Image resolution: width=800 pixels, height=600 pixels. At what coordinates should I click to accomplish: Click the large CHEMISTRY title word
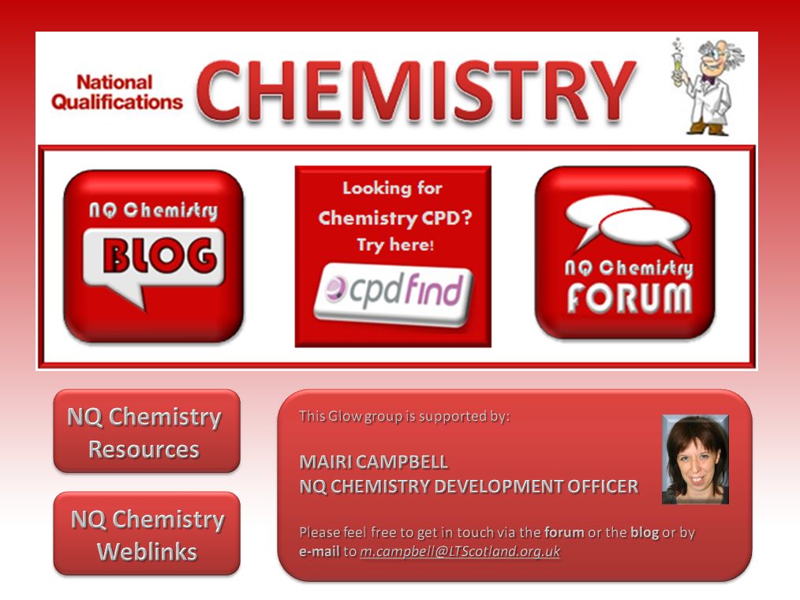416,92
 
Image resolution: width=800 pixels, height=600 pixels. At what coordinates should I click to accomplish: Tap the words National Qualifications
117,92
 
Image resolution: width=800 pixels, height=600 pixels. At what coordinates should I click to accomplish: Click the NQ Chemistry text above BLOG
153,210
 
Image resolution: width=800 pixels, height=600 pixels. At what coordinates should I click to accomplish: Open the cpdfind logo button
394,294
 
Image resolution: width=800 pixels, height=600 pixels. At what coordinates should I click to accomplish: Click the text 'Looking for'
392,188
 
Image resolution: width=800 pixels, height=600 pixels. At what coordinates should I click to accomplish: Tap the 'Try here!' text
395,245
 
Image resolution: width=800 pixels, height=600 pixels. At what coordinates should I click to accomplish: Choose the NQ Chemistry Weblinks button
147,534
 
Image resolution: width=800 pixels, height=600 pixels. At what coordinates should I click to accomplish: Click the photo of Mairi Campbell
695,459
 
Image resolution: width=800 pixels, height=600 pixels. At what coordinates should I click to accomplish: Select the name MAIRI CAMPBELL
373,462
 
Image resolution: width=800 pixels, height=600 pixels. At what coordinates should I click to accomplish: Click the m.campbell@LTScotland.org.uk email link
460,552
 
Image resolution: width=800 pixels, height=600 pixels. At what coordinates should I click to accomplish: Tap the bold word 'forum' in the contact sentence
564,533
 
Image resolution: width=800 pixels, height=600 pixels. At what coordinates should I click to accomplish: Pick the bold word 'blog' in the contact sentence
645,533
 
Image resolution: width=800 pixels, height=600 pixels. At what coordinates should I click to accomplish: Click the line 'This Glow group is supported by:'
404,416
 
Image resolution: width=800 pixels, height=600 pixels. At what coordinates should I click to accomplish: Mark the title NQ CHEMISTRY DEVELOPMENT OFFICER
469,486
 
